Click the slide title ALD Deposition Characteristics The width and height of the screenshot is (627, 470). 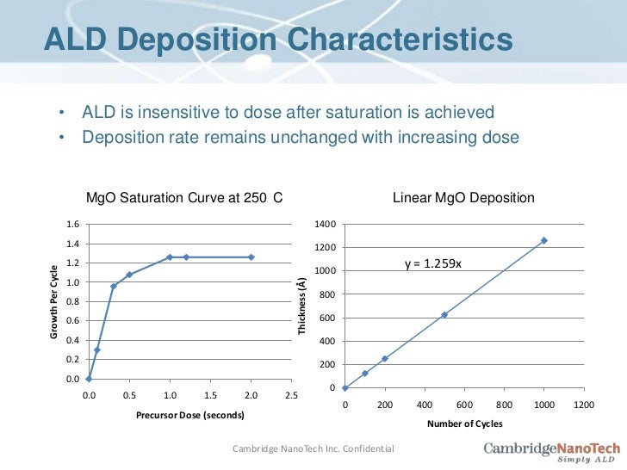click(x=278, y=40)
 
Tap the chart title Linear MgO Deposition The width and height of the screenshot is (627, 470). click(x=463, y=198)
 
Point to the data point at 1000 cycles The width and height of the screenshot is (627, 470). click(x=543, y=240)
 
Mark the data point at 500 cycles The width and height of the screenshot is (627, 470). click(x=444, y=315)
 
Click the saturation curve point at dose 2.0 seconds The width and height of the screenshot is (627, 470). click(x=251, y=257)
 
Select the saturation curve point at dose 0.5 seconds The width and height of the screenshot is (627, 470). click(x=129, y=275)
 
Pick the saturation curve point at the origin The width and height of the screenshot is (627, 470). click(x=89, y=379)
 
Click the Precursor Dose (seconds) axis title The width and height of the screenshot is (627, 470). click(x=189, y=415)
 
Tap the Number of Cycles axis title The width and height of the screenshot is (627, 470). click(x=464, y=424)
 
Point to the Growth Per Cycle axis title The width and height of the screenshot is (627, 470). click(x=53, y=300)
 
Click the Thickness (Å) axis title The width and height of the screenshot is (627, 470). click(x=301, y=306)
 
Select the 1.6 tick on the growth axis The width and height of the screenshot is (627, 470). click(x=73, y=225)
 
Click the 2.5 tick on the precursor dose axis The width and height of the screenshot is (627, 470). click(x=291, y=395)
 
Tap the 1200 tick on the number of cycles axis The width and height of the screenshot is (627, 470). click(x=583, y=404)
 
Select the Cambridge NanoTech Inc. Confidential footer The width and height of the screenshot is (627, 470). click(x=313, y=448)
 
